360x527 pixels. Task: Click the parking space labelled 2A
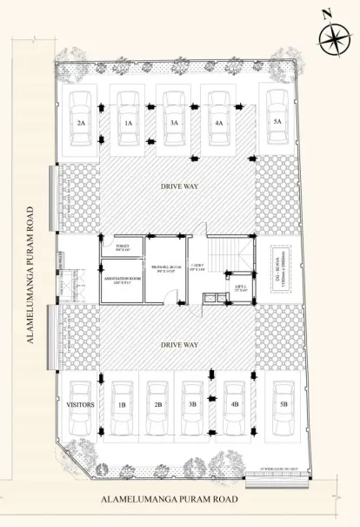pos(81,124)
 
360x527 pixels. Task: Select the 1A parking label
pos(127,124)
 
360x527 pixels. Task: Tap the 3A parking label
pos(174,124)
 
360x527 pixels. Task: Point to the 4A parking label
pos(218,124)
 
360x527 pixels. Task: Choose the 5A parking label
pos(277,121)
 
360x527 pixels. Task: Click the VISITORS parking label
pos(81,405)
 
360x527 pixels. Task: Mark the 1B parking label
pos(122,405)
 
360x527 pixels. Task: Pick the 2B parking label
pos(158,405)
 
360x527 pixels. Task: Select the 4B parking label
pos(235,405)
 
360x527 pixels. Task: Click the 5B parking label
pos(283,405)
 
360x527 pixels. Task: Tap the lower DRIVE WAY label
pos(178,345)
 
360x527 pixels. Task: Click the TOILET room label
pos(122,248)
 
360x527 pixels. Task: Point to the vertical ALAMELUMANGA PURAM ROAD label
pos(30,276)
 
